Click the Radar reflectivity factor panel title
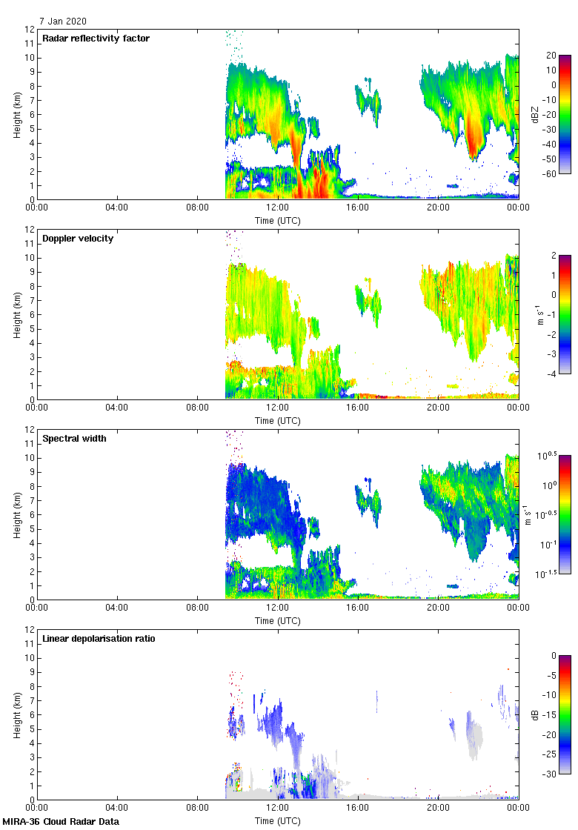click(96, 38)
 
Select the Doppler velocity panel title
click(79, 238)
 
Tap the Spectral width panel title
click(75, 438)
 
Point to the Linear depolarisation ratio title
click(99, 638)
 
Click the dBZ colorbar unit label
click(535, 114)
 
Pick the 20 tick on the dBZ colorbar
click(551, 56)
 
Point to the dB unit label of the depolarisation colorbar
click(535, 715)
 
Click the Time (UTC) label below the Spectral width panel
click(278, 621)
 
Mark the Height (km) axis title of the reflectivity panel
click(16, 114)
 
